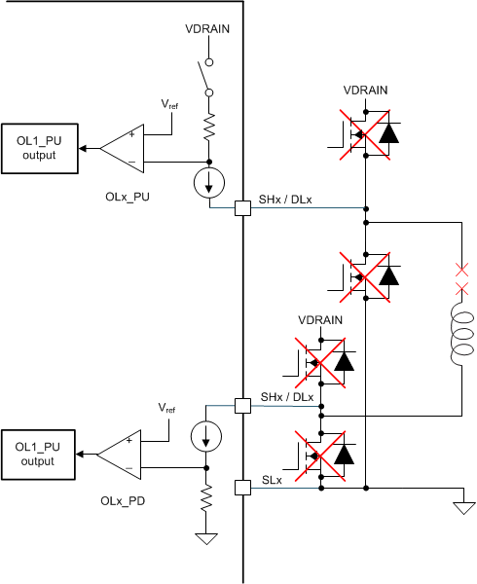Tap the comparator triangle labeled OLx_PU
coord(125,149)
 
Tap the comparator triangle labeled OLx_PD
coord(123,454)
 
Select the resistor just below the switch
coord(207,124)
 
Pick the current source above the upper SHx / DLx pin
coord(207,183)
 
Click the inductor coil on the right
coord(459,337)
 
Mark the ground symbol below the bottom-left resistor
coord(206,538)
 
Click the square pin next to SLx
coord(242,486)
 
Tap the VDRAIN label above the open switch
coord(206,29)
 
